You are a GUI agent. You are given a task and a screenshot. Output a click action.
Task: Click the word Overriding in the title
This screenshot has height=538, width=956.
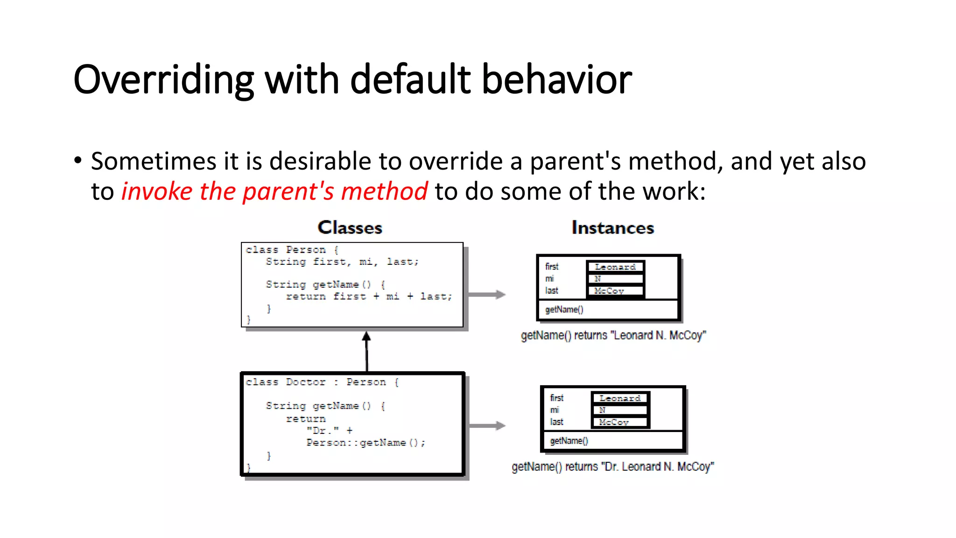coord(163,80)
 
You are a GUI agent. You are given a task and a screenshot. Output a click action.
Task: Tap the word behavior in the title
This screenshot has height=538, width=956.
coord(556,79)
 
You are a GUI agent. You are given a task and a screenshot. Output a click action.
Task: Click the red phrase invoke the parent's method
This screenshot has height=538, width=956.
coord(274,191)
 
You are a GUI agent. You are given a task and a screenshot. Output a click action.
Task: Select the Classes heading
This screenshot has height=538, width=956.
coord(350,227)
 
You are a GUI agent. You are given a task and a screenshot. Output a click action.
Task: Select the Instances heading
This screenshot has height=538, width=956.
coord(612,227)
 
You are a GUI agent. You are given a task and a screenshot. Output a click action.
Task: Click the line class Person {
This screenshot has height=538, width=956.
coord(292,250)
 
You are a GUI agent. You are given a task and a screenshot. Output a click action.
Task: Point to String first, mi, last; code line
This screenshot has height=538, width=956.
coord(342,262)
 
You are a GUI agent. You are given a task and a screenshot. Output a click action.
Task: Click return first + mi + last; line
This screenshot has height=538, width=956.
coord(369,297)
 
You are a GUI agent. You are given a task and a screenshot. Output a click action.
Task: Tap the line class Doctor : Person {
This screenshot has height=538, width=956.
coord(322,382)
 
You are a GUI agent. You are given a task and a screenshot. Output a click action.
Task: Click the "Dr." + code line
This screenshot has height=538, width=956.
coord(330,431)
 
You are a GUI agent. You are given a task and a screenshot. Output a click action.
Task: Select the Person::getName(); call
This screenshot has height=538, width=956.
coord(366,443)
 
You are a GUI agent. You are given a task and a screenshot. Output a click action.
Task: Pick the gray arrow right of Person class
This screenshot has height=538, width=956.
coord(487,294)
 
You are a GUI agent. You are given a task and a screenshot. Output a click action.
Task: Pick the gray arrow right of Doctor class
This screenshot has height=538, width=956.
coord(487,425)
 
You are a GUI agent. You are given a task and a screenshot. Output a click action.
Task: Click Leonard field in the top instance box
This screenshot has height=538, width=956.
coord(615,267)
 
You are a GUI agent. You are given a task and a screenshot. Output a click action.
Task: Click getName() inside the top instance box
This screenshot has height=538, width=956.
coord(564,310)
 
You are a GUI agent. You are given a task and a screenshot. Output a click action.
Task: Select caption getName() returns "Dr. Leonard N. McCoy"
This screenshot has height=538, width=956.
coord(612,467)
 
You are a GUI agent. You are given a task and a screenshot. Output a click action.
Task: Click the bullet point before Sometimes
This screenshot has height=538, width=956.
coord(77,161)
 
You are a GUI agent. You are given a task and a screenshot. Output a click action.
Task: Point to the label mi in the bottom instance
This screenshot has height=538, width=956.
coord(554,410)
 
